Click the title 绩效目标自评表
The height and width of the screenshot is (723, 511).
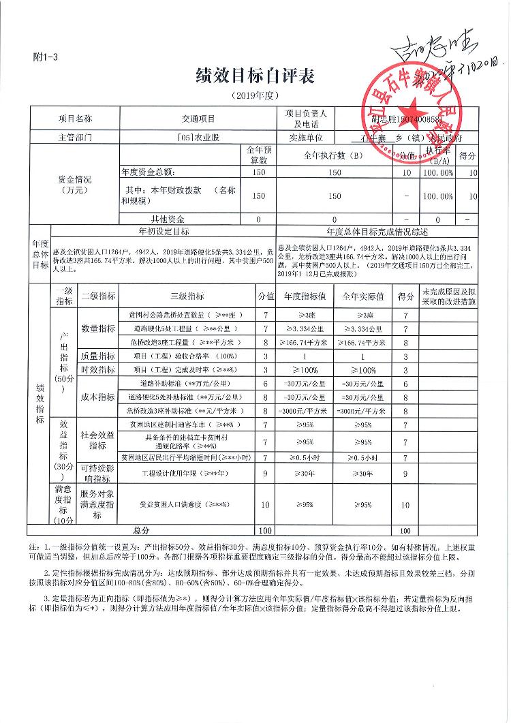point(255,76)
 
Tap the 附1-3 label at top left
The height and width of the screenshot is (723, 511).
point(46,58)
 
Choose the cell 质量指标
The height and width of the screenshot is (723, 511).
point(98,356)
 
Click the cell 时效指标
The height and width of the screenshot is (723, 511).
point(98,369)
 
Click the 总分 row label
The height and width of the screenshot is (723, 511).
point(141,529)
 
